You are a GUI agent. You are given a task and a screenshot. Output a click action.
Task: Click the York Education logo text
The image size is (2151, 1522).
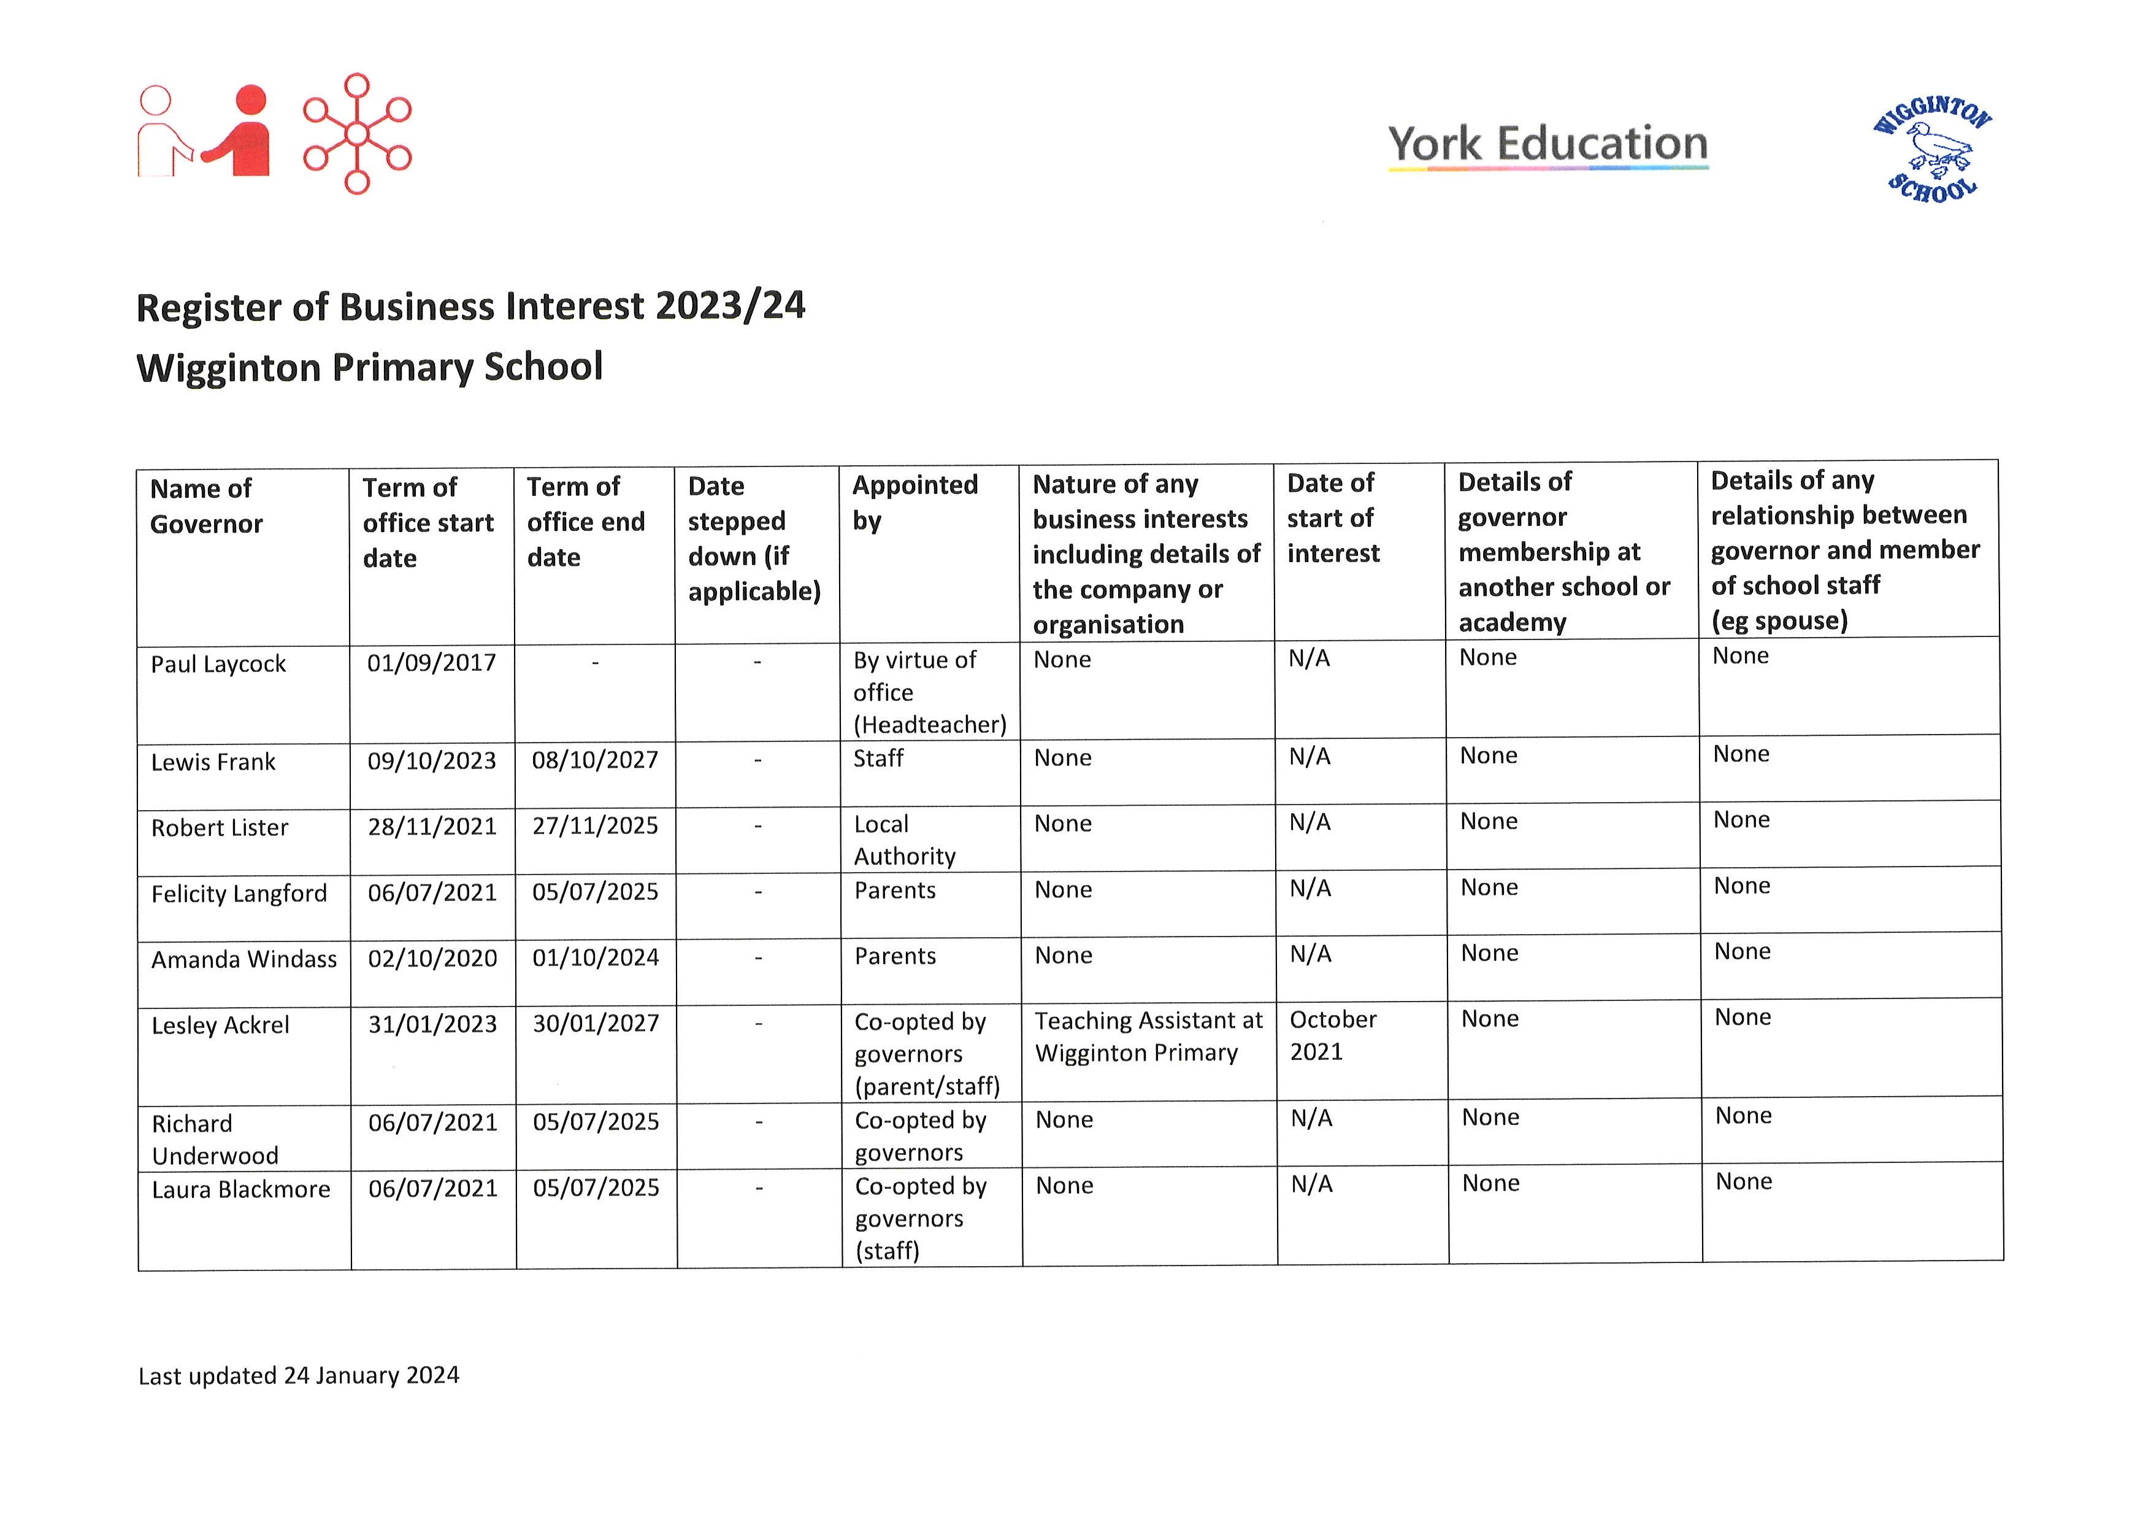tap(1547, 144)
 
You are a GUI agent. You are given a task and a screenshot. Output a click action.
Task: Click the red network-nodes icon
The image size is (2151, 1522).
tap(357, 134)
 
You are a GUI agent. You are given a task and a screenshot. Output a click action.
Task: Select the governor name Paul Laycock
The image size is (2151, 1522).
tap(218, 665)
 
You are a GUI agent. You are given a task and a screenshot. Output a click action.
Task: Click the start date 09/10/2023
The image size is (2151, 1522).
tap(431, 761)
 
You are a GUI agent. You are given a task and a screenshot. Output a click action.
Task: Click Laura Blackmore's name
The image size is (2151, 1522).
tap(241, 1190)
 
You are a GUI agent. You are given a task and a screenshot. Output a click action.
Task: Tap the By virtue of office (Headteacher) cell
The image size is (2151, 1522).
tap(929, 693)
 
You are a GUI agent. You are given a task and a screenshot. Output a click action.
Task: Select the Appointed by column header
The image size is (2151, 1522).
tap(914, 503)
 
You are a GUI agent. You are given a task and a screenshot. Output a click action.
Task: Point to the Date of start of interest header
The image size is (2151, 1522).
tap(1332, 518)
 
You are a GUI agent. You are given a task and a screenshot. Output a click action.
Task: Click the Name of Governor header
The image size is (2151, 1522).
tap(206, 506)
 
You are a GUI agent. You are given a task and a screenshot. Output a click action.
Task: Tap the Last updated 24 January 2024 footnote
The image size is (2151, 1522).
tap(299, 1376)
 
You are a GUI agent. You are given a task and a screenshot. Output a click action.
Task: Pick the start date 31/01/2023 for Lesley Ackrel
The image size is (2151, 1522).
tap(432, 1024)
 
